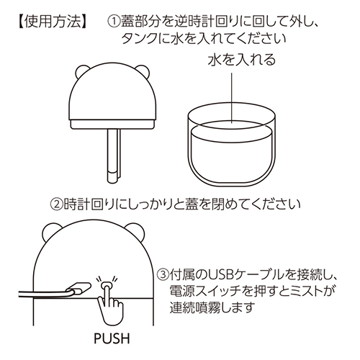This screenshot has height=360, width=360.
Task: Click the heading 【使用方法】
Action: click(x=53, y=22)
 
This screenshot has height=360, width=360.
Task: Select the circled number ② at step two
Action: click(x=57, y=204)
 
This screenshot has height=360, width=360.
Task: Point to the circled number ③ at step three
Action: click(x=163, y=274)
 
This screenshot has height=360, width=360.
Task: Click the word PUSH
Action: click(x=112, y=338)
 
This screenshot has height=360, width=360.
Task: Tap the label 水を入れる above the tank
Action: click(x=242, y=60)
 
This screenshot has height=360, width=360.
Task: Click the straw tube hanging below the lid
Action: click(x=114, y=156)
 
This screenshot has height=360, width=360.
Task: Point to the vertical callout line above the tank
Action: click(x=232, y=98)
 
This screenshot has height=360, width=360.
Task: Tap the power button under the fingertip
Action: click(x=107, y=285)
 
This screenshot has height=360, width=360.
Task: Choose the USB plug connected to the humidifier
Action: click(x=78, y=289)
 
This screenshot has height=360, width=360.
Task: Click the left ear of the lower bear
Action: click(x=50, y=231)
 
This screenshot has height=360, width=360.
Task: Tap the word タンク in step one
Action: click(x=140, y=39)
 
